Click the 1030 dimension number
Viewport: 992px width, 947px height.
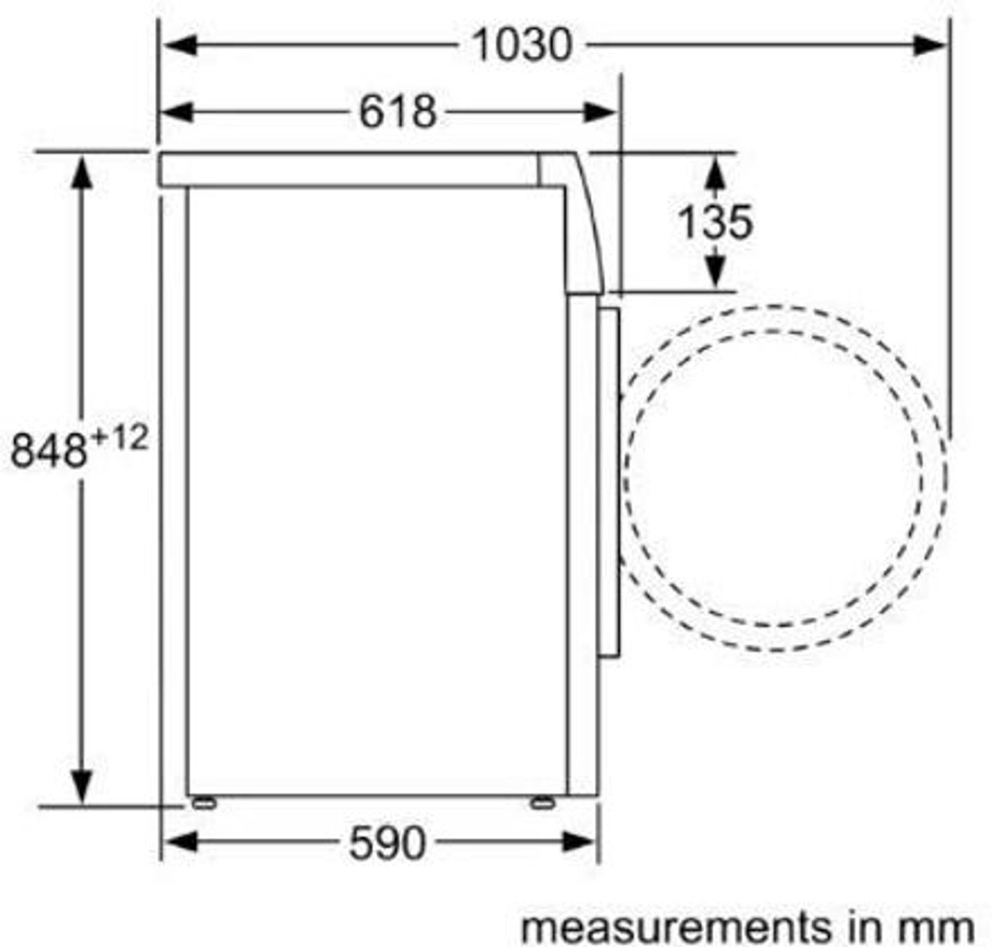tap(522, 45)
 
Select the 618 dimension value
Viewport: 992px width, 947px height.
tap(397, 112)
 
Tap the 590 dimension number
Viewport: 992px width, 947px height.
tap(387, 843)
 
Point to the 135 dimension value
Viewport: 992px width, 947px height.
tap(715, 222)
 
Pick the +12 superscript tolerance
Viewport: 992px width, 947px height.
tap(119, 438)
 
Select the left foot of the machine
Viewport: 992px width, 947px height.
tap(202, 803)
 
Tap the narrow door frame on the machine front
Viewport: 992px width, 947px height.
tap(608, 483)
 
